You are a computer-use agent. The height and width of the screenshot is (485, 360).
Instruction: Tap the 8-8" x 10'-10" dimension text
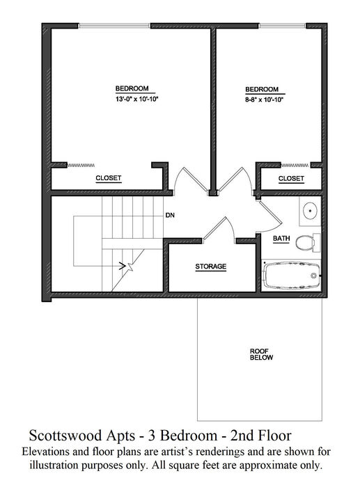265,100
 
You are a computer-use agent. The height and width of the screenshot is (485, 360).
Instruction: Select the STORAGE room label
211,267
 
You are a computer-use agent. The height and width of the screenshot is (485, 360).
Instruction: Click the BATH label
281,239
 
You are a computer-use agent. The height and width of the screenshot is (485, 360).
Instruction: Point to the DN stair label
170,215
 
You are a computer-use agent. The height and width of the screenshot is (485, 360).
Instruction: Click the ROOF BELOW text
262,354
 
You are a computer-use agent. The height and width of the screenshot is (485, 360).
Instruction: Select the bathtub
291,276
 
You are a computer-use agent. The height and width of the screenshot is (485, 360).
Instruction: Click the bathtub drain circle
313,276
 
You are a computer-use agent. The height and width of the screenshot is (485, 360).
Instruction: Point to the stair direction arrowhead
122,266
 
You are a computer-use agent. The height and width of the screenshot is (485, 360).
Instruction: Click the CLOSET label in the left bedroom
109,178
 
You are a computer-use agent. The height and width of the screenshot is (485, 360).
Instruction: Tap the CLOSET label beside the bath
291,178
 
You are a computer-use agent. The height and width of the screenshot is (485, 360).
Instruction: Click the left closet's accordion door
81,165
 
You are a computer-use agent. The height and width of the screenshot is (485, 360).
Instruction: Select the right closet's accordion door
295,166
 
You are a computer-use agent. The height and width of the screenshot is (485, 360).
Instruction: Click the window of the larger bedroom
114,26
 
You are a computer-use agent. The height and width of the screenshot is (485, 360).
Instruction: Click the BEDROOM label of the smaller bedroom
262,89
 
